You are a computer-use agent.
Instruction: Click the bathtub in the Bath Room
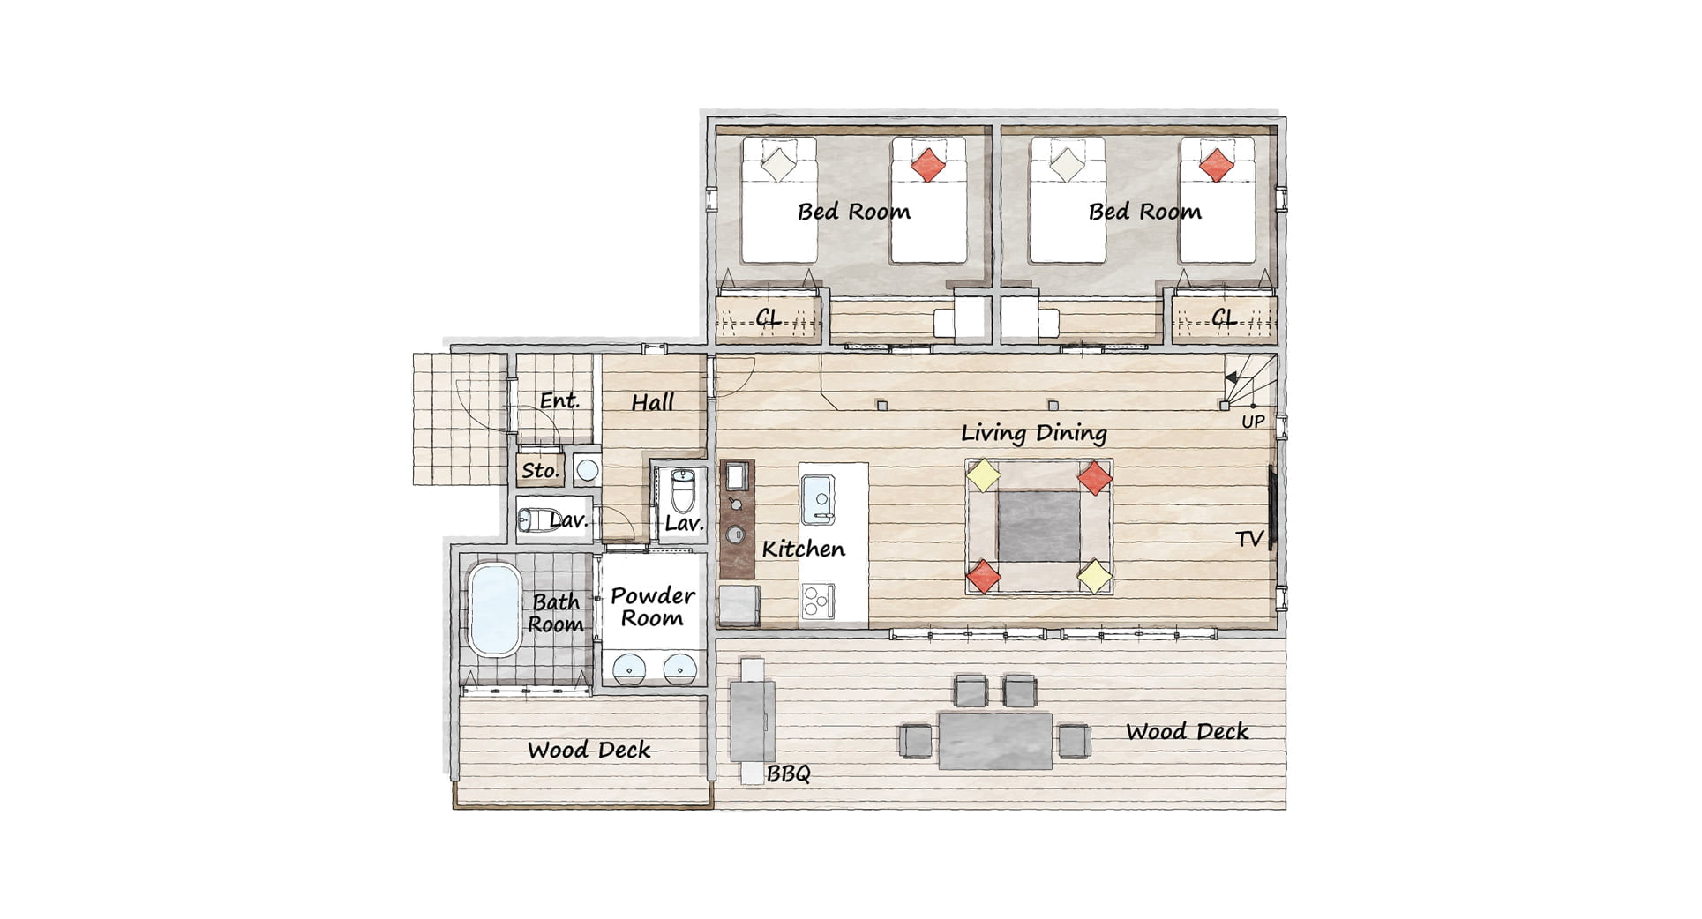493,610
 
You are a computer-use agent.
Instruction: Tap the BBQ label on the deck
788,774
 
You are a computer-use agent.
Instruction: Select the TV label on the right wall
1249,539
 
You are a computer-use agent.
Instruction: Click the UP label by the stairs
1253,422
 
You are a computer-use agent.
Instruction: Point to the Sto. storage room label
540,470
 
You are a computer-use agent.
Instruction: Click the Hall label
653,402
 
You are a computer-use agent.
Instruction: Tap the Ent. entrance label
559,400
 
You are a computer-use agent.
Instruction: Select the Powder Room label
653,607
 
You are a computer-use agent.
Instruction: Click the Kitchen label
803,549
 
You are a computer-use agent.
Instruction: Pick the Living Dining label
1034,433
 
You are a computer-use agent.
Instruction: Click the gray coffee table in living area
1038,527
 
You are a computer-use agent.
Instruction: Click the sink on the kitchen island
818,500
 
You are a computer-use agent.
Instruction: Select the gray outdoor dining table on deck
994,741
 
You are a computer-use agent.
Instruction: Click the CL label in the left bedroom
769,318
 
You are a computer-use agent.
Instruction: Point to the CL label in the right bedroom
1224,318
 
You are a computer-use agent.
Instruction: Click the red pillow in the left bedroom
928,164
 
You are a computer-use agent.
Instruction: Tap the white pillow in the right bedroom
1067,164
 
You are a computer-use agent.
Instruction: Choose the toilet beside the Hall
683,490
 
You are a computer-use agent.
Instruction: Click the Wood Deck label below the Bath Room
589,751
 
